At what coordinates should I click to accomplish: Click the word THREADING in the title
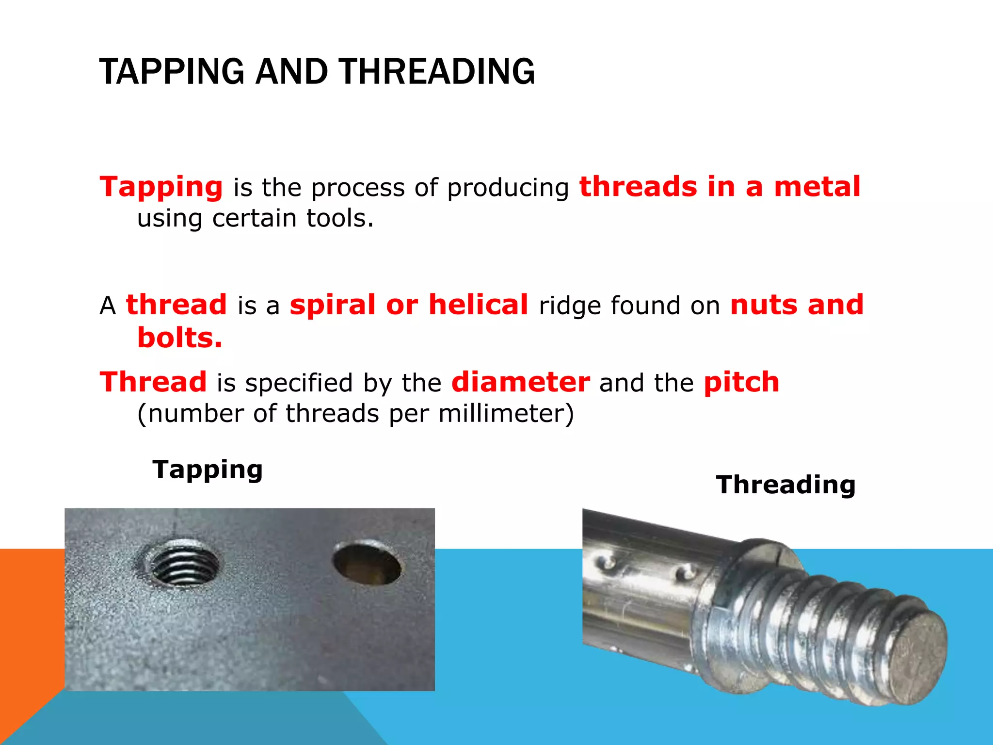(x=436, y=72)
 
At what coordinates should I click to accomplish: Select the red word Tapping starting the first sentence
(x=161, y=187)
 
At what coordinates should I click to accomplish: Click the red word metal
(x=817, y=187)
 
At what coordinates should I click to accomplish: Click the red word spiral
(x=333, y=305)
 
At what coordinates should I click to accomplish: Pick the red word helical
(x=478, y=305)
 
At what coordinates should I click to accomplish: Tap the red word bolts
(x=179, y=338)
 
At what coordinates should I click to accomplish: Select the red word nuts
(x=763, y=305)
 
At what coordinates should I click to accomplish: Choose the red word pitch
(x=741, y=383)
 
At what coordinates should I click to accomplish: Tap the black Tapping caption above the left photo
(x=208, y=470)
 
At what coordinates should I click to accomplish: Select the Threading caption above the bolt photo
(x=785, y=485)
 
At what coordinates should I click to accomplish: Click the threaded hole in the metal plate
(x=184, y=565)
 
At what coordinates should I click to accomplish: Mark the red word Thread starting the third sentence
(x=153, y=382)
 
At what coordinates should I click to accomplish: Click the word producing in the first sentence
(x=508, y=188)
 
